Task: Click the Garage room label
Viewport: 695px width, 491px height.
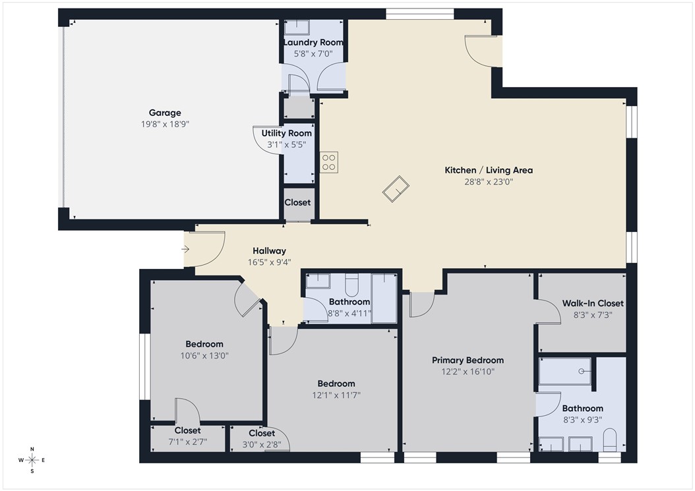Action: click(164, 113)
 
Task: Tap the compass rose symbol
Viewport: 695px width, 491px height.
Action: click(31, 460)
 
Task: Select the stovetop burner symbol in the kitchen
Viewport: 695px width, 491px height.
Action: click(329, 162)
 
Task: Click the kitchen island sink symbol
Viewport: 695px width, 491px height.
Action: click(396, 189)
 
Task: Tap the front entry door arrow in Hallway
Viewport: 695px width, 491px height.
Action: click(187, 249)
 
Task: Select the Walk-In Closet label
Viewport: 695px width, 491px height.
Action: click(592, 303)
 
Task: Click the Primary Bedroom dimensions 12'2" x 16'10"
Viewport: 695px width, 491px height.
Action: click(468, 372)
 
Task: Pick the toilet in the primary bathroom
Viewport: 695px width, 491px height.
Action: click(611, 440)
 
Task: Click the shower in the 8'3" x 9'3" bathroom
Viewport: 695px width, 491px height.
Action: click(565, 371)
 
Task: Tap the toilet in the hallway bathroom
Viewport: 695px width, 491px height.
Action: click(351, 284)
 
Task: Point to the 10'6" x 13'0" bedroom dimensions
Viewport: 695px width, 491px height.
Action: click(204, 355)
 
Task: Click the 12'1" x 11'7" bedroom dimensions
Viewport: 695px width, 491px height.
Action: click(336, 395)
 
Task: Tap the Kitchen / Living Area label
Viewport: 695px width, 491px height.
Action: click(488, 170)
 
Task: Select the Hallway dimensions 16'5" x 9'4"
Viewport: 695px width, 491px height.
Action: click(269, 262)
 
